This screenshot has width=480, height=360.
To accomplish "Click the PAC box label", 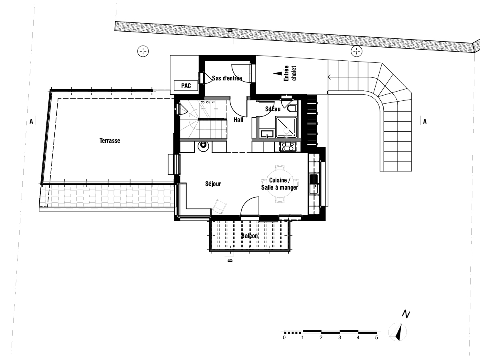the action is coord(186,86).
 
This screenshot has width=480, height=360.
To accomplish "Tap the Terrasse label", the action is coord(110,140).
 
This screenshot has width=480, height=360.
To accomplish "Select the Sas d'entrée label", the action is coord(227,78).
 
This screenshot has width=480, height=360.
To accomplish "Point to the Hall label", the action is coord(238,120).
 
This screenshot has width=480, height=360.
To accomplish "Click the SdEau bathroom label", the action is coord(273,109).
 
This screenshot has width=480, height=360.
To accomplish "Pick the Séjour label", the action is coord(213,184).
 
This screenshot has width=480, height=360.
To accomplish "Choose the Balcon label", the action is coord(249,236).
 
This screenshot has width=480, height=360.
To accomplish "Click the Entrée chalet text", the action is coord(290,73).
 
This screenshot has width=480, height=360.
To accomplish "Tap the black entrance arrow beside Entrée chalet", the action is coord(278,74).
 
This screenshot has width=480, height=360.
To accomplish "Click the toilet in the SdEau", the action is coord(292,108).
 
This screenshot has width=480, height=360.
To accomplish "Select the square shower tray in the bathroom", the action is coord(286,127).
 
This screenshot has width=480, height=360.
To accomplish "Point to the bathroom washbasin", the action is coord(267,134).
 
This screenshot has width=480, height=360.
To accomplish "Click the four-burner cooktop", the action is coord(288,147).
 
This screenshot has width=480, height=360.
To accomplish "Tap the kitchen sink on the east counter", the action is coord(314,184).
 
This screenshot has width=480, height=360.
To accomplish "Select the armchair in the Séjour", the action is coord(219,206).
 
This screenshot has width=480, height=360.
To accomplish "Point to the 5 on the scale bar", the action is coord(376,338).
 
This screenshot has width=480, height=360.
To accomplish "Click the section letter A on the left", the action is coord(31,122).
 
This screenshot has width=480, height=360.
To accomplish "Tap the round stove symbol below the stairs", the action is coord(203,146).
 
